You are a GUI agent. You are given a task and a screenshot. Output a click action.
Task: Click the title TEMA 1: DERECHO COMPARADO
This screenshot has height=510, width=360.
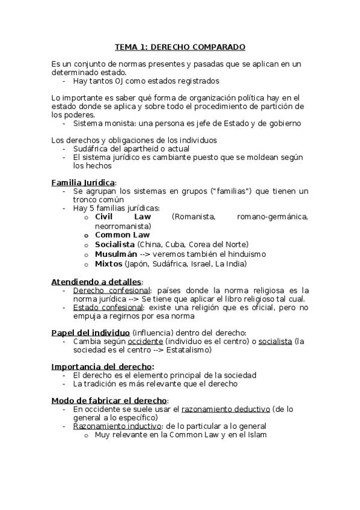(180, 47)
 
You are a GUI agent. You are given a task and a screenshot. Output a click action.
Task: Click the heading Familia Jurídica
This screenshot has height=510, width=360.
(83, 183)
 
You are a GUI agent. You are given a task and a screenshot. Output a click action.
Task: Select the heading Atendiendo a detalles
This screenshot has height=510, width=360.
(96, 282)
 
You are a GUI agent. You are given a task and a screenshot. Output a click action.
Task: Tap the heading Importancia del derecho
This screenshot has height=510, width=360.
(102, 366)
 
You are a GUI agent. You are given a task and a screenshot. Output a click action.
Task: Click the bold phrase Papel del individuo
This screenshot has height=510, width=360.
(90, 333)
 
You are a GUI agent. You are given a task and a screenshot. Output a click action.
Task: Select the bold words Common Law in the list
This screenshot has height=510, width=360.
(123, 235)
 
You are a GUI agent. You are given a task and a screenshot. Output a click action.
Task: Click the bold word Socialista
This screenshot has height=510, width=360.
(115, 244)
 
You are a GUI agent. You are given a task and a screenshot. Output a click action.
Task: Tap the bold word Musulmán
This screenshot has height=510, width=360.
(115, 254)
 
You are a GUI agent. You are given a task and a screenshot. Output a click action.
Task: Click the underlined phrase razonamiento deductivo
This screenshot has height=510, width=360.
(225, 409)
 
